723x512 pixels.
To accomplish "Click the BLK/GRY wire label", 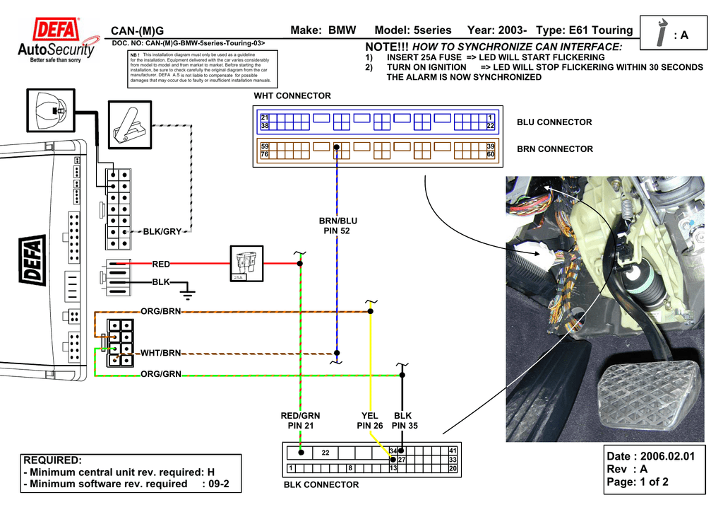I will (x=162, y=231).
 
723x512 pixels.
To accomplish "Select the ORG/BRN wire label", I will (x=161, y=311).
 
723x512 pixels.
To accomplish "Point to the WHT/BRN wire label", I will (x=161, y=353).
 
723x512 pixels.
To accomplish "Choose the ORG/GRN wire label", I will (x=161, y=374).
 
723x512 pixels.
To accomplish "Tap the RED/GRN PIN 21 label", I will (x=300, y=421).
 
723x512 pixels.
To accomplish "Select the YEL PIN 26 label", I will (x=369, y=421).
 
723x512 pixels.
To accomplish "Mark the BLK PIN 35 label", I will (x=404, y=421).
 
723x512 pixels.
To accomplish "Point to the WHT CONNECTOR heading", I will (x=292, y=95).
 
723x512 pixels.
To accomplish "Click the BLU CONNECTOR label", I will (x=554, y=122).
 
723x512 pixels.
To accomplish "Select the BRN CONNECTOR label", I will (x=554, y=149).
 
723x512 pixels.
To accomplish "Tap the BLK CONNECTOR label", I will (x=321, y=485).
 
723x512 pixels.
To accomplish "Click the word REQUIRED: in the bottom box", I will (x=52, y=460).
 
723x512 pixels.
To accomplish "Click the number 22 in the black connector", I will (x=325, y=453).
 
